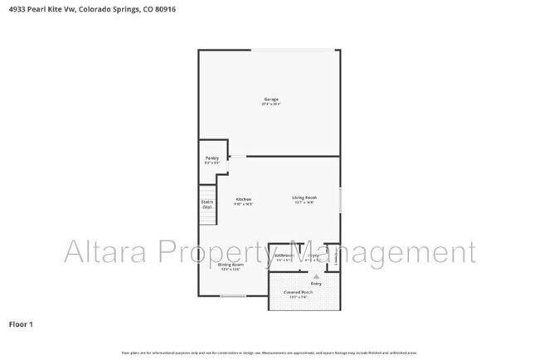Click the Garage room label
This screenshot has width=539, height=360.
pyautogui.click(x=271, y=100)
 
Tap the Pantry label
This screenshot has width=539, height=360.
pyautogui.click(x=211, y=158)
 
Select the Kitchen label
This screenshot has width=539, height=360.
pyautogui.click(x=244, y=199)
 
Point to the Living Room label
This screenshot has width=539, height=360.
pyautogui.click(x=303, y=197)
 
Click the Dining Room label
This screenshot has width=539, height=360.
pyautogui.click(x=231, y=265)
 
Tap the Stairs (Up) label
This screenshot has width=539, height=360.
pyautogui.click(x=207, y=203)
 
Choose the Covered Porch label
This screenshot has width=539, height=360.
pyautogui.click(x=303, y=292)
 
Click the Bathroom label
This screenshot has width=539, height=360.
pyautogui.click(x=284, y=255)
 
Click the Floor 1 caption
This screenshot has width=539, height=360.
pyautogui.click(x=21, y=324)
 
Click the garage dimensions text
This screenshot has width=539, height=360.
pyautogui.click(x=271, y=105)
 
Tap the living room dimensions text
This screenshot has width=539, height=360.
pyautogui.click(x=303, y=202)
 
